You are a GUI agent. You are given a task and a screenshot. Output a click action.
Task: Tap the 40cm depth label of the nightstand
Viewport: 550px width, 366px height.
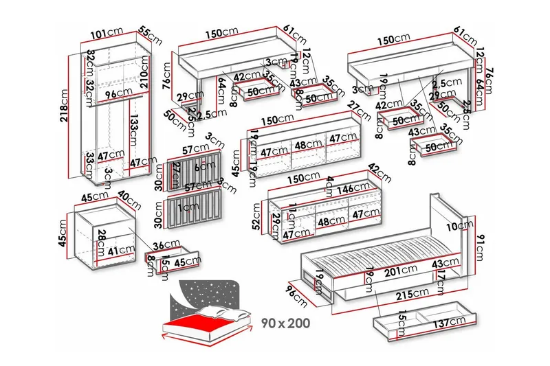(x=125, y=198)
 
